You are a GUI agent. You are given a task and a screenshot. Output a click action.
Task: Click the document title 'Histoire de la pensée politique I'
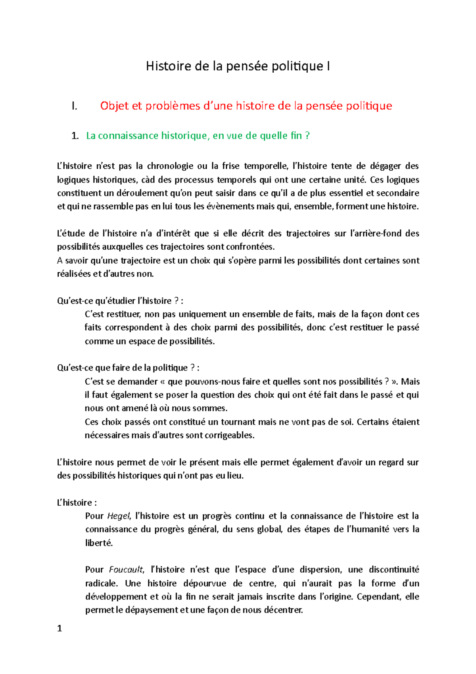[238, 66]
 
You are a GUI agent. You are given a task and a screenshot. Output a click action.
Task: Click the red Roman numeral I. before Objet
[74, 106]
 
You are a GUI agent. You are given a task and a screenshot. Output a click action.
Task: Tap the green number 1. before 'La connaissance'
[75, 136]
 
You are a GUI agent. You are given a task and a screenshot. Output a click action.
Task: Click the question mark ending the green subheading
[307, 136]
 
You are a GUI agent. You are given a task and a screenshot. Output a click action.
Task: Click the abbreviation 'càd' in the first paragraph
[148, 180]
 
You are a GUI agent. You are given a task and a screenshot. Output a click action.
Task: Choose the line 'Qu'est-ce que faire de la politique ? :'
[128, 368]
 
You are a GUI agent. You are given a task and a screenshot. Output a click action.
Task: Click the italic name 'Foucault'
[126, 570]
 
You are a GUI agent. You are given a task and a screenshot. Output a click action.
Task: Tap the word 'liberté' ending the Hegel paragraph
[99, 543]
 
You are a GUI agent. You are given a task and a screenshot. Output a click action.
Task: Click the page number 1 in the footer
[59, 628]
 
